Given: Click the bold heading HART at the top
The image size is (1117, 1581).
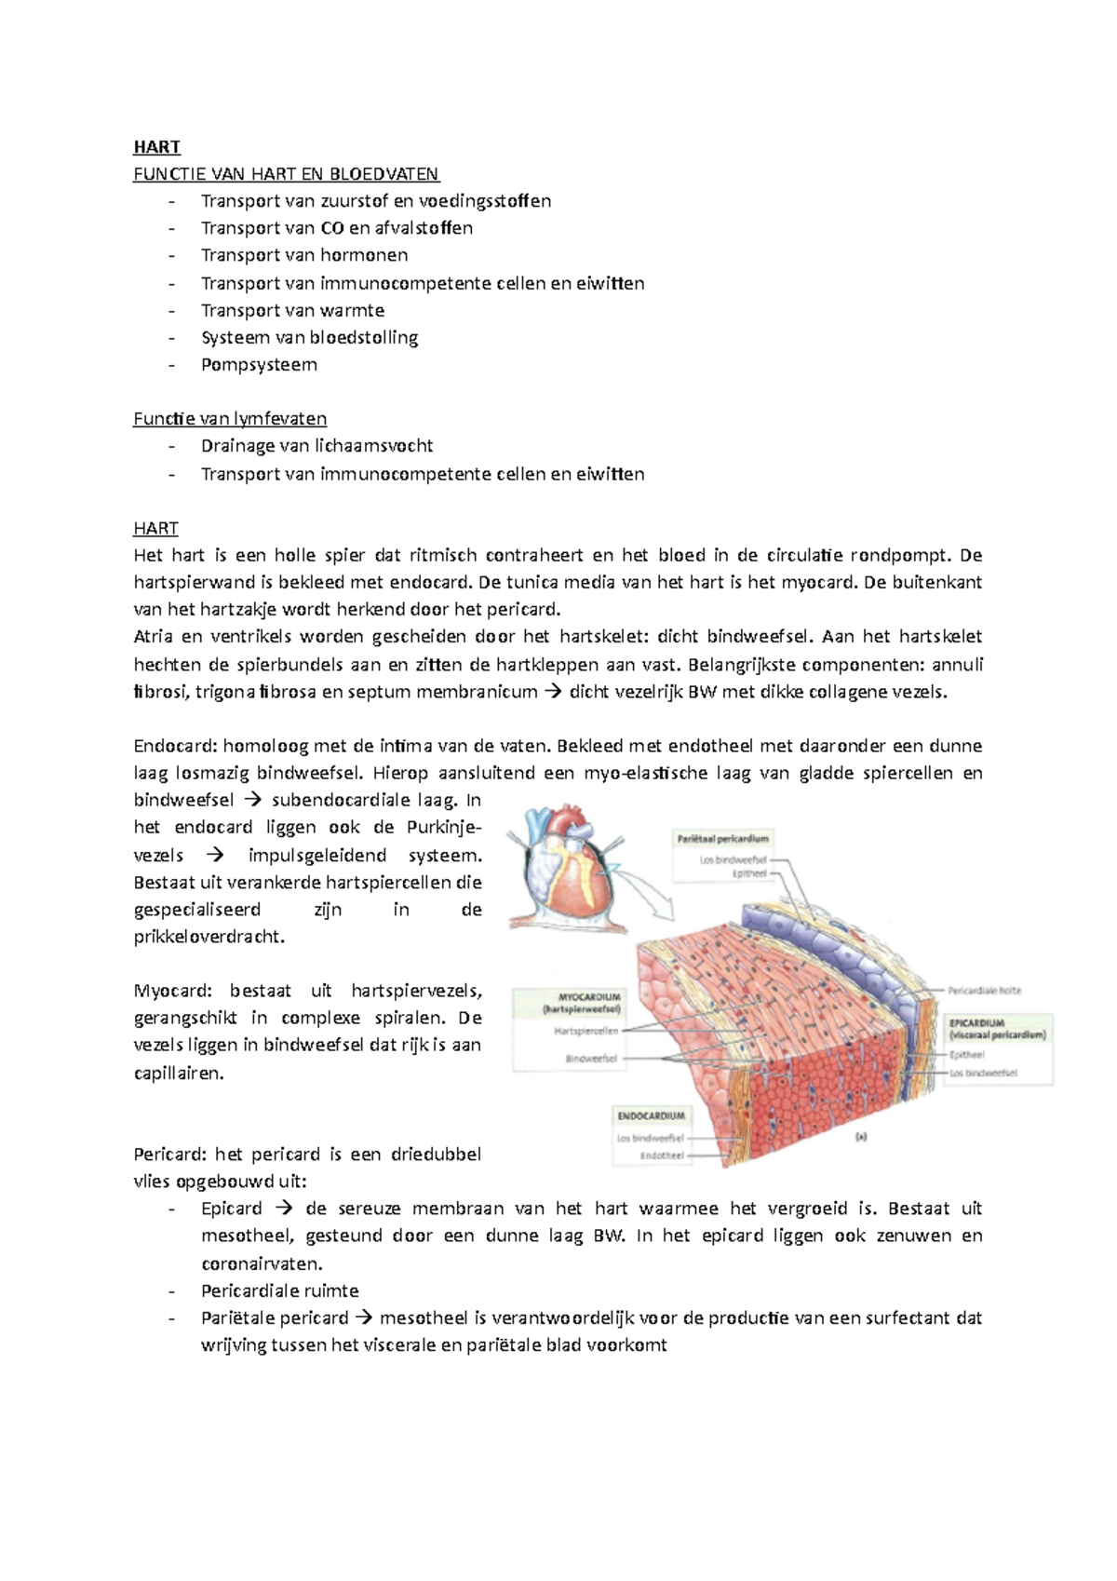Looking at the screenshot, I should pos(156,146).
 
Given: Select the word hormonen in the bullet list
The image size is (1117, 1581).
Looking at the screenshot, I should pos(364,255).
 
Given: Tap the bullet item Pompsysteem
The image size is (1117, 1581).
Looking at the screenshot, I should pos(259,365).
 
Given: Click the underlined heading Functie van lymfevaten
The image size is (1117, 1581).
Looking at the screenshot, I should pos(230,419).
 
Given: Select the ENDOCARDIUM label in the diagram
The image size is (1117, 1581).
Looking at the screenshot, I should pos(651,1115).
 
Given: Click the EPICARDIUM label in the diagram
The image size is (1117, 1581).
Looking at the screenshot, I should pos(977,1022).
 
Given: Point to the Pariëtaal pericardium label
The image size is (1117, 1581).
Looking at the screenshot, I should pos(722,839).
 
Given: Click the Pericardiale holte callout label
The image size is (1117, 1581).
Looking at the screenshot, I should pos(984,991).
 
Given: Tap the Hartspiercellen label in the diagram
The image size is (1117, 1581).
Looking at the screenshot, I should pos(585,1032).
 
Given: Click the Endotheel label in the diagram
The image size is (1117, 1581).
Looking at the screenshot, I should pos(661,1155).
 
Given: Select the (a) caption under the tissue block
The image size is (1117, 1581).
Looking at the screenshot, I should pos(860,1137).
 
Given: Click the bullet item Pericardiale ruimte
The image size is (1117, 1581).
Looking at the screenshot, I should pos(279,1290).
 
